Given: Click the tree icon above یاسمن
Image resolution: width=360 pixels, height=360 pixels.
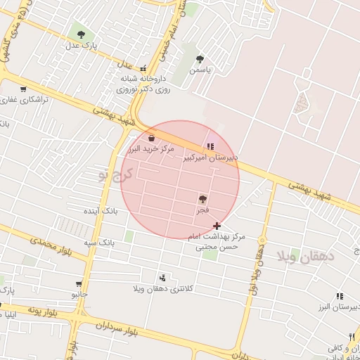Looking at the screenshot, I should [x=200, y=59].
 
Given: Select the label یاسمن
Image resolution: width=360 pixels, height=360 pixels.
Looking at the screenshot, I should [x=200, y=70].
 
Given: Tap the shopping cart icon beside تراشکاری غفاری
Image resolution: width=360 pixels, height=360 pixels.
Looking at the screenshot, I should [x=23, y=89].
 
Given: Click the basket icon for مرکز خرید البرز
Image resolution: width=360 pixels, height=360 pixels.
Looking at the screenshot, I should [x=152, y=138].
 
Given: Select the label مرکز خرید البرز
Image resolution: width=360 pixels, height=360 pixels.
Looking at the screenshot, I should [x=150, y=150].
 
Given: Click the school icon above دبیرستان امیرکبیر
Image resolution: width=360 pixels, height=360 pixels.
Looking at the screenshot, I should [x=210, y=146].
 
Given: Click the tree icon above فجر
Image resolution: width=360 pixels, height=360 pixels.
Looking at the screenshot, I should [x=203, y=199].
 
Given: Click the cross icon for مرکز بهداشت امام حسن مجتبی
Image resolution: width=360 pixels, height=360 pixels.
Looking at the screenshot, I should [x=217, y=226].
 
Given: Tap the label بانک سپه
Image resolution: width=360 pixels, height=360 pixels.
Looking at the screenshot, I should [x=100, y=243].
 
